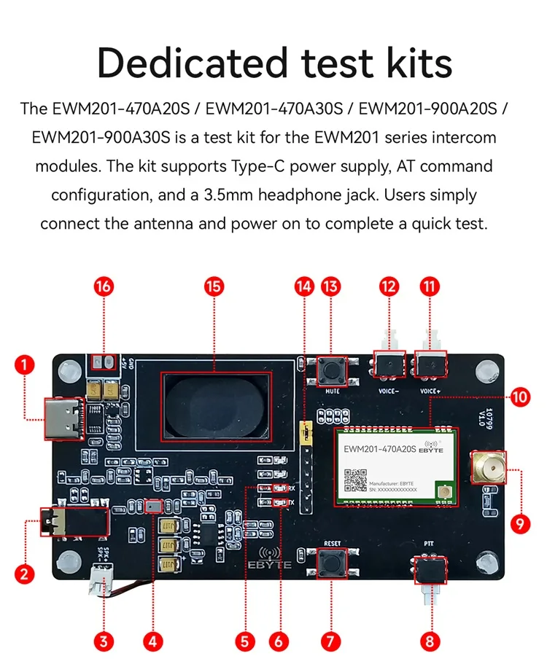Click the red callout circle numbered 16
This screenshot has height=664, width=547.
104,286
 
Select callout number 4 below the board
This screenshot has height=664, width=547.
152,641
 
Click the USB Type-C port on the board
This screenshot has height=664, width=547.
66,418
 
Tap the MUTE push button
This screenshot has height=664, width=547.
332,372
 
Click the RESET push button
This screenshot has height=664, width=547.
332,562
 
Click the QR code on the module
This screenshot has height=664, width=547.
355,480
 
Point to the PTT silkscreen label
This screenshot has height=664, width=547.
429,543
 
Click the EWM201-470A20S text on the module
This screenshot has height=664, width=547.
379,450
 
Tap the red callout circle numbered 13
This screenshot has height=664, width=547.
331,286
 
